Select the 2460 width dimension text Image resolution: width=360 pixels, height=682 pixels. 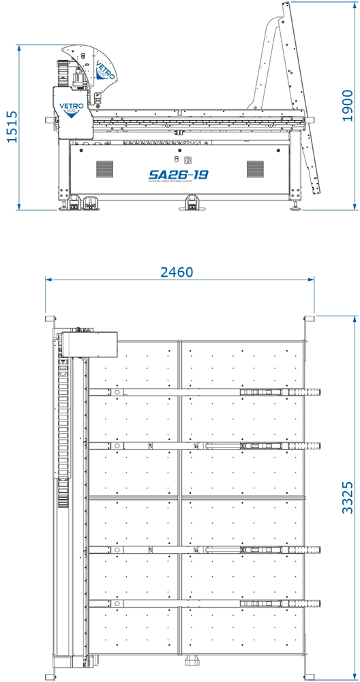[177, 272]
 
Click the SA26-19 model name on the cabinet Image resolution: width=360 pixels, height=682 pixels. [179, 175]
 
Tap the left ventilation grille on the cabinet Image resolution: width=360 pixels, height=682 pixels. [104, 168]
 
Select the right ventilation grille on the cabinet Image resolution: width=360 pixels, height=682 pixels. [255, 168]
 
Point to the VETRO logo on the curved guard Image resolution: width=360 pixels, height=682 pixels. [104, 70]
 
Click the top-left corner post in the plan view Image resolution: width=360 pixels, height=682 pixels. [49, 318]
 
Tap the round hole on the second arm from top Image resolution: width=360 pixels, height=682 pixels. [117, 447]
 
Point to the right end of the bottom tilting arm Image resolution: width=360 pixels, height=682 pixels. [315, 603]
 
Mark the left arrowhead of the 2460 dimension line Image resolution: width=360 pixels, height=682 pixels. [47, 279]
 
